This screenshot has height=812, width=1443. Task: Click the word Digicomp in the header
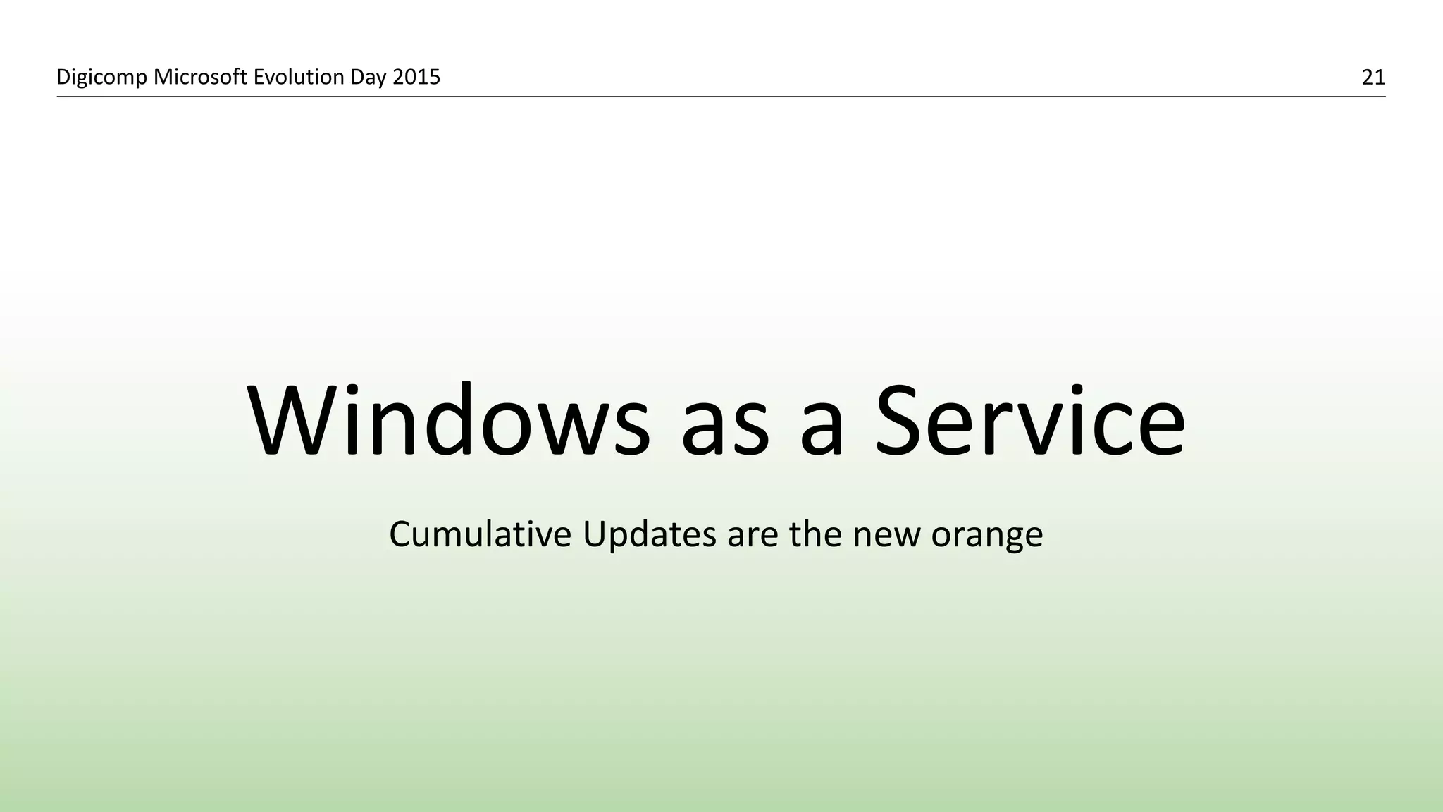click(x=101, y=78)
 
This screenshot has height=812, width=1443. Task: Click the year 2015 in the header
click(x=416, y=77)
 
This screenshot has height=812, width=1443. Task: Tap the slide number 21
click(x=1373, y=78)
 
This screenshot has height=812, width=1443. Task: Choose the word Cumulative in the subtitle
click(x=480, y=534)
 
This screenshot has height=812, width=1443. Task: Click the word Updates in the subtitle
click(x=649, y=535)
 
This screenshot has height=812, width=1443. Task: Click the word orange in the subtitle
click(x=986, y=538)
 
